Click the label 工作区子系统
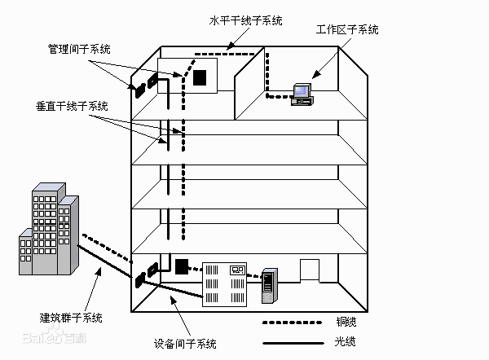[x=347, y=30]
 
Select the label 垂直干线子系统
[x=72, y=106]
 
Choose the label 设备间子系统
[x=185, y=344]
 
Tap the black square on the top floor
[x=200, y=77]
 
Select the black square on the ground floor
[x=181, y=266]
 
